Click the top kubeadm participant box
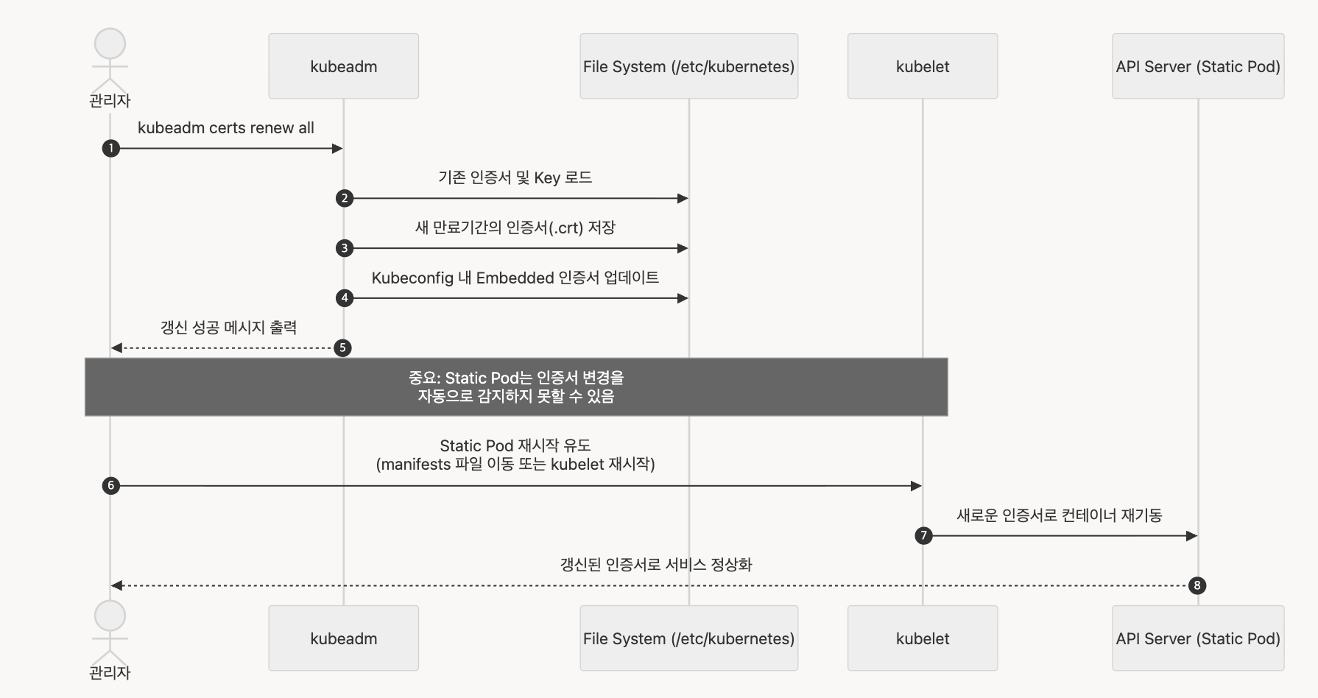coord(343,66)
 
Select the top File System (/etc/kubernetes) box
coord(688,66)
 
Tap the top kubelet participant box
coord(922,66)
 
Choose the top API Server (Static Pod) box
coord(1197,66)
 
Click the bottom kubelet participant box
coord(922,638)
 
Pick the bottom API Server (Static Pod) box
coord(1197,638)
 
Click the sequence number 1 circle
coord(110,149)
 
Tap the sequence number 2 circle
coord(344,198)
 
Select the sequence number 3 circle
coord(344,248)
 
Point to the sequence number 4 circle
coord(344,298)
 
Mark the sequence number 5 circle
coord(342,348)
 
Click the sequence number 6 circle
coord(110,486)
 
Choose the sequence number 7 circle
coord(923,536)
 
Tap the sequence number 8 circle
coord(1197,585)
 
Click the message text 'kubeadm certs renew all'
coord(225,128)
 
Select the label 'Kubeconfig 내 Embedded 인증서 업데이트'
coord(515,278)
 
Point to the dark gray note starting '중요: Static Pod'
coord(515,387)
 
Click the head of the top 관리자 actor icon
coord(110,44)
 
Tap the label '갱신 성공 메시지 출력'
coord(228,328)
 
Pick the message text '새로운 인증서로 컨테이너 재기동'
coord(1059,515)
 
